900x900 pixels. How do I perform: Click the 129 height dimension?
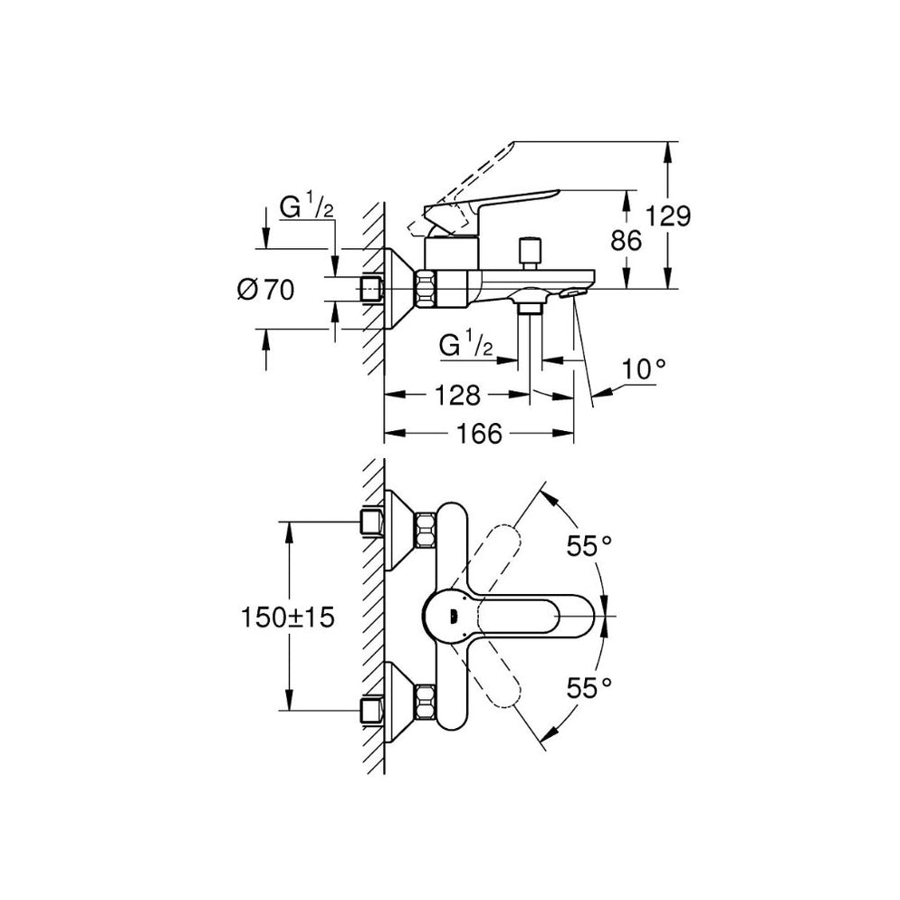pos(670,216)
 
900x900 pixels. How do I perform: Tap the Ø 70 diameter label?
pos(266,291)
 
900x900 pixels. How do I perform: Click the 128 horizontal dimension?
pos(451,396)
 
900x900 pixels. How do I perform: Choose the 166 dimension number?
pos(478,434)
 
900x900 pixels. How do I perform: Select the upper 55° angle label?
pos(589,545)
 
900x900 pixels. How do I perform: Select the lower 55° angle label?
pos(585,688)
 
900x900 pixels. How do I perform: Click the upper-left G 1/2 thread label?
pos(307,207)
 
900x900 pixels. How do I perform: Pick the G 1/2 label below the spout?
pos(465,346)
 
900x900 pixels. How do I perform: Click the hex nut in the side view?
pos(426,289)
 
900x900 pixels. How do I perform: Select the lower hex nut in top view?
pos(425,704)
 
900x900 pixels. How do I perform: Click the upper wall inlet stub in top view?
pos(371,522)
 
